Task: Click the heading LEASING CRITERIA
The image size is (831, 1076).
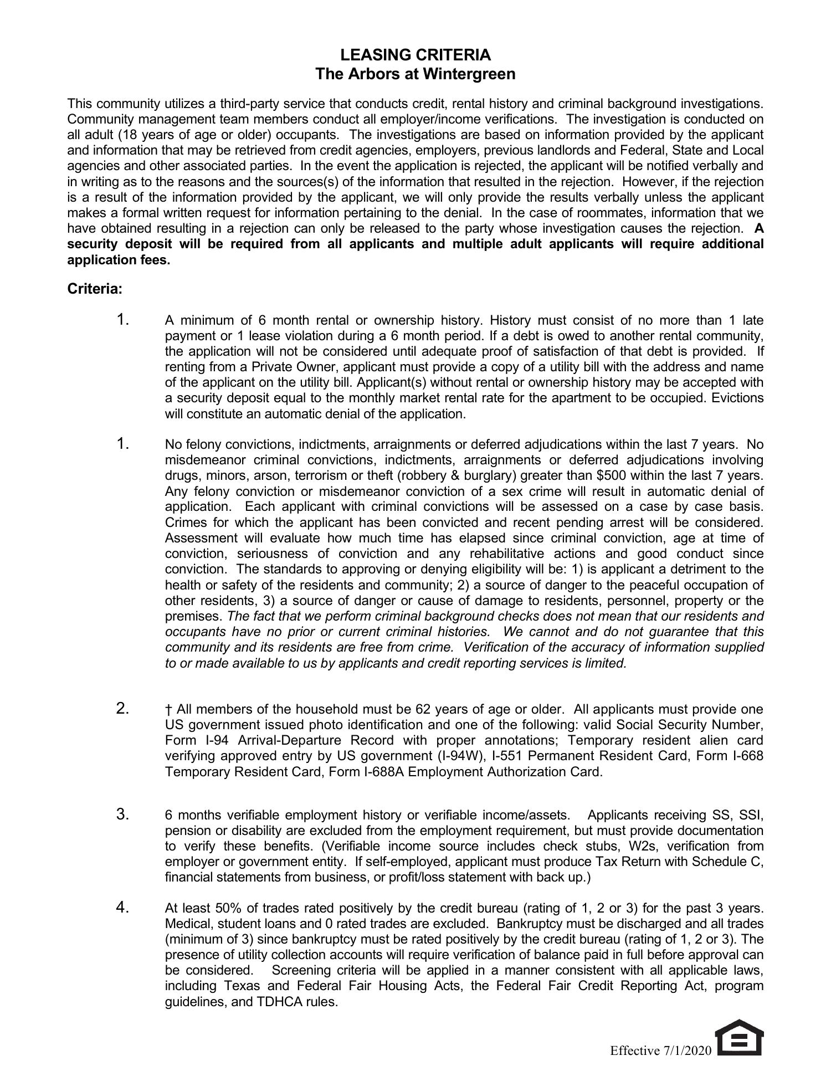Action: (x=415, y=55)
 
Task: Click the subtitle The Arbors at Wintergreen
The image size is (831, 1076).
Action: (x=415, y=74)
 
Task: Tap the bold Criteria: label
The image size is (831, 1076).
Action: (x=95, y=289)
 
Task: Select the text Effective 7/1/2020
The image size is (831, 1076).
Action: (x=660, y=1051)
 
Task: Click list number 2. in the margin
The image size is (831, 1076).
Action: (x=123, y=708)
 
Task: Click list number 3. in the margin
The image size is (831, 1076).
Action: (x=123, y=814)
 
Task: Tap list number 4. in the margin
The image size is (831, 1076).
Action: (x=123, y=907)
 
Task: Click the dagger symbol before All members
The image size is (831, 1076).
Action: (x=168, y=709)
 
